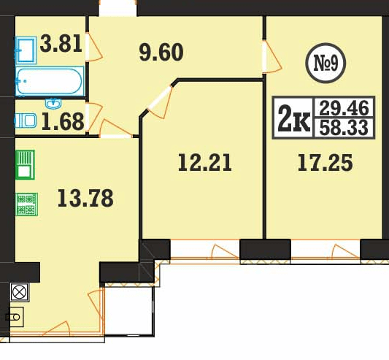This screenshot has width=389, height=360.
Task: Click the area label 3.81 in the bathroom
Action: tap(61, 44)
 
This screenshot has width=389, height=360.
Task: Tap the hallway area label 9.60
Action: tap(161, 53)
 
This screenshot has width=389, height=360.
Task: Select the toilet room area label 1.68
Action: tap(63, 122)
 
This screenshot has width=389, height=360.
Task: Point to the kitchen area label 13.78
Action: tap(85, 198)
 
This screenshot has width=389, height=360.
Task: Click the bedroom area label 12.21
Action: tap(205, 162)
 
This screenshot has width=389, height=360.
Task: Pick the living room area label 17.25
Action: tap(326, 163)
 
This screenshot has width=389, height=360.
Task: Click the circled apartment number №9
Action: tap(326, 63)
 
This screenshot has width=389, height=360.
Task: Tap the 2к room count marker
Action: tap(294, 118)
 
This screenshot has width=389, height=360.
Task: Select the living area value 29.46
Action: tap(344, 108)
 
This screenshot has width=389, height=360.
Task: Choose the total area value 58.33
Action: tap(344, 128)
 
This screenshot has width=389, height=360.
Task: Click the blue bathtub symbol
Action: tap(50, 81)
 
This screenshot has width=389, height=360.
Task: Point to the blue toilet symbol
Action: tap(26, 120)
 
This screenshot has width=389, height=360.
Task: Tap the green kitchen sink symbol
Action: tap(25, 164)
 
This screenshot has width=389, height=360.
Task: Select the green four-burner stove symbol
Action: tap(27, 204)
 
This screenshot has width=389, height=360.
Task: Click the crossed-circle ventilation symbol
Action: tap(20, 292)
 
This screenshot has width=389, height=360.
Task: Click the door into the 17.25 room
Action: tap(271, 57)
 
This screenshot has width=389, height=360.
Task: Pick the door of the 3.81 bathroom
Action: tap(93, 47)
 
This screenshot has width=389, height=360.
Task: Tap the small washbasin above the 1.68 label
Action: tap(53, 104)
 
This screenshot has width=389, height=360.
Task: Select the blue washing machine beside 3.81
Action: tap(26, 50)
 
